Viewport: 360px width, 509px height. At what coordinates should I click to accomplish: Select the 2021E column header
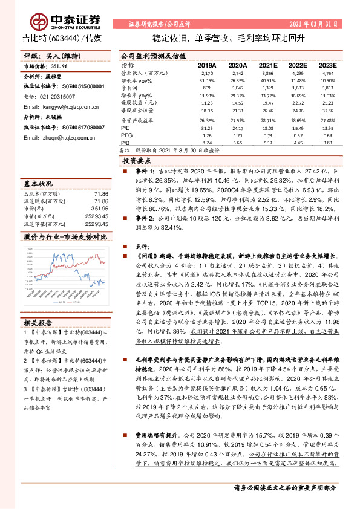click(x=267, y=65)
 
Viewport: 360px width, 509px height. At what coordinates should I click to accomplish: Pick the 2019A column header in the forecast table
click(x=207, y=65)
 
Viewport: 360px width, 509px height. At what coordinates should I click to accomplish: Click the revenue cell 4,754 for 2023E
click(x=327, y=72)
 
